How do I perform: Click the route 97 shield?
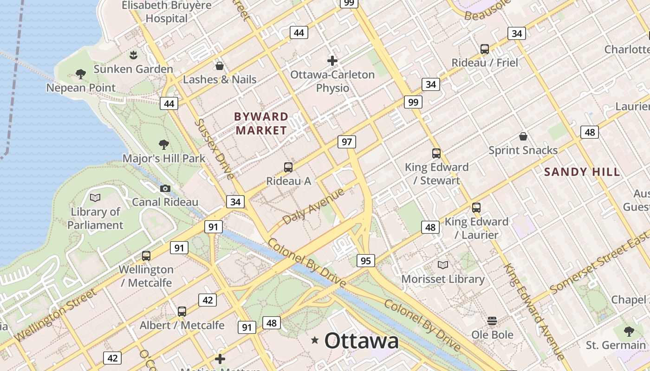click(x=347, y=142)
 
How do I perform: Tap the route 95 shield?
click(x=365, y=261)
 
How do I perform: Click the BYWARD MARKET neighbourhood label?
click(x=261, y=123)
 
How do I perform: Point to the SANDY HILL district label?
click(x=582, y=172)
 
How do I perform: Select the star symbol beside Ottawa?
click(x=315, y=341)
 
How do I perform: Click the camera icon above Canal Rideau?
click(x=165, y=188)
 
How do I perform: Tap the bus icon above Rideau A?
click(x=288, y=167)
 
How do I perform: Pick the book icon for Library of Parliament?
click(x=95, y=198)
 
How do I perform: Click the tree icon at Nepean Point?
click(x=80, y=74)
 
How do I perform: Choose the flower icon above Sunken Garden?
click(x=133, y=55)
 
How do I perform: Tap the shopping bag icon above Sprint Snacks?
click(x=523, y=136)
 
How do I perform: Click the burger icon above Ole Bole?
click(x=492, y=321)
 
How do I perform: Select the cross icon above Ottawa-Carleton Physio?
click(x=332, y=60)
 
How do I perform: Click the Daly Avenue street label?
click(x=313, y=206)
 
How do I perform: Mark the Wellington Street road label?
click(x=56, y=315)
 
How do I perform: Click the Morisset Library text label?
click(x=443, y=279)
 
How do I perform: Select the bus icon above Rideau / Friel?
click(x=485, y=49)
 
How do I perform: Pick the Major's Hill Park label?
click(x=163, y=159)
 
